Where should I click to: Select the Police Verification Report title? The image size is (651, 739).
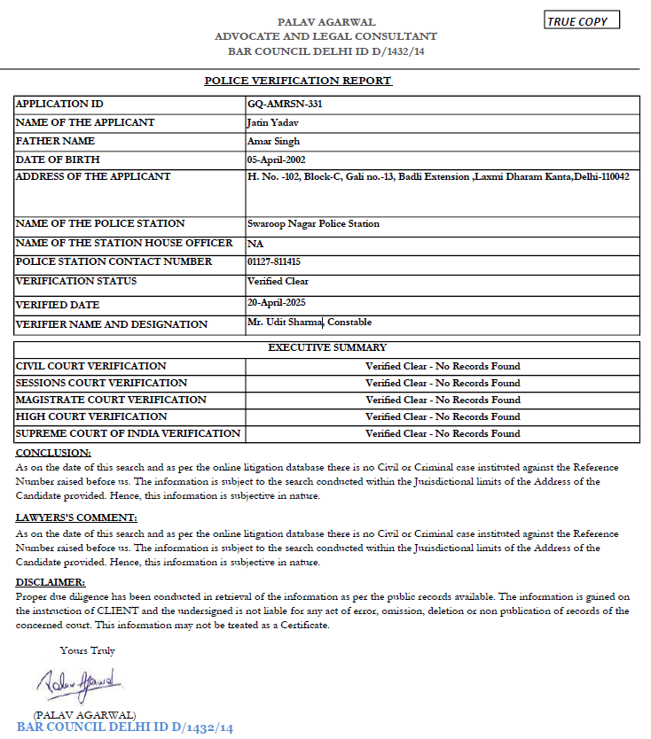coord(298,81)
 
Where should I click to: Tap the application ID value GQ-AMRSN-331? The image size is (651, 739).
coord(278,104)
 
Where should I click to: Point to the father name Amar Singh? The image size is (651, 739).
coord(273,141)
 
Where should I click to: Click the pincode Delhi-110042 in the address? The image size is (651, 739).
coord(599,177)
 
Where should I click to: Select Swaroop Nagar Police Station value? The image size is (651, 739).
coord(313,224)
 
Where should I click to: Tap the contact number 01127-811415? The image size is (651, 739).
coord(274,262)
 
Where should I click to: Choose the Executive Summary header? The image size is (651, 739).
coord(327,348)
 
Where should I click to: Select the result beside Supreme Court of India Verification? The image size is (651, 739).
coord(443,433)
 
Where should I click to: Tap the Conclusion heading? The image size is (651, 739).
coord(47,453)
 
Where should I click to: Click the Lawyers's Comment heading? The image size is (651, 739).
coord(76,517)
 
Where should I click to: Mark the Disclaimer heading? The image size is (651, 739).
coord(51,582)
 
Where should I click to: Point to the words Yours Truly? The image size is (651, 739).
coord(88,650)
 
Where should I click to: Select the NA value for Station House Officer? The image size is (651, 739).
coord(255,244)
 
